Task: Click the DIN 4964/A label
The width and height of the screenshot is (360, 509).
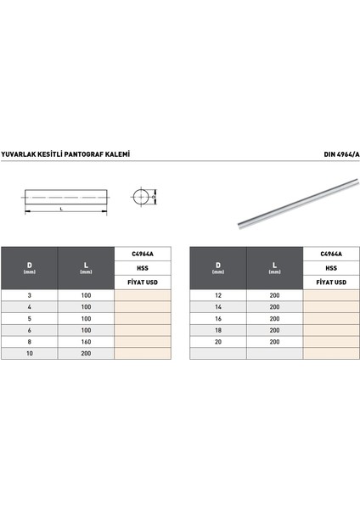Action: tap(341, 155)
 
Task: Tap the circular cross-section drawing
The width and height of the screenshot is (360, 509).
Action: tap(142, 198)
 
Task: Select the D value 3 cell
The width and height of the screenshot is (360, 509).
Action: tap(30, 294)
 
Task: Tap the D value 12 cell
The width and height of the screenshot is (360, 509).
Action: tap(218, 294)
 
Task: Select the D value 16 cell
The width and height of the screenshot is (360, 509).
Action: tap(218, 317)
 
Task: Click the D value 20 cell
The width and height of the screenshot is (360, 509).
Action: tap(218, 340)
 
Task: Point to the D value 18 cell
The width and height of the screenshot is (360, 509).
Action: tap(218, 329)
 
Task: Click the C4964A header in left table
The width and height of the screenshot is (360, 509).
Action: tap(143, 254)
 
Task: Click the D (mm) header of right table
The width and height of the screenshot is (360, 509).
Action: tap(218, 267)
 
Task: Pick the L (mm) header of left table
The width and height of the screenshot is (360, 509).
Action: tap(86, 267)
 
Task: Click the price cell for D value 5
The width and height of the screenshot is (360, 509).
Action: tap(143, 317)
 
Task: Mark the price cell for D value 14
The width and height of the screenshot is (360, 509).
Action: tap(331, 306)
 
